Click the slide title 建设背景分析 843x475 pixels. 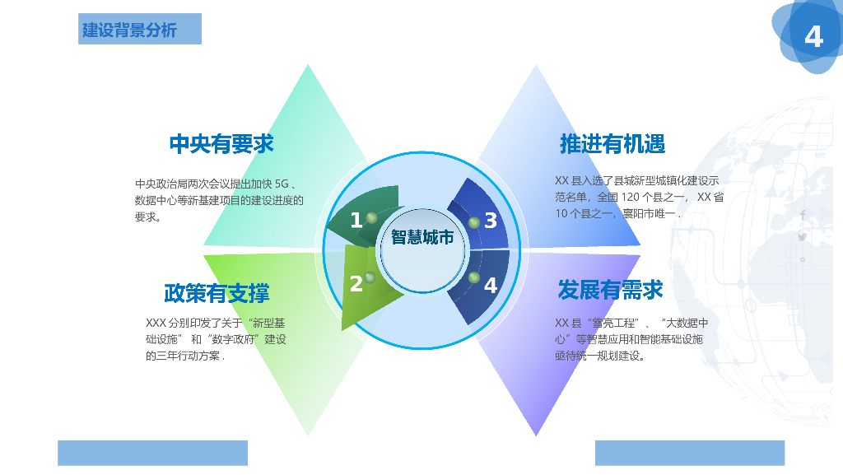click(129, 30)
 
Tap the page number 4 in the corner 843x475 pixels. click(813, 37)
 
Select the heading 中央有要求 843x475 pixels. click(221, 144)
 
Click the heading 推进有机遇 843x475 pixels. click(612, 144)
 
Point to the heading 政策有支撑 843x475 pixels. click(217, 292)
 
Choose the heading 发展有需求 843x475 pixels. click(610, 290)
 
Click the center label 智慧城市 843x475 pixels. click(422, 238)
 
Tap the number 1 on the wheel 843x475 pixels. click(356, 221)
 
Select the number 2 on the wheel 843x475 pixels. click(356, 284)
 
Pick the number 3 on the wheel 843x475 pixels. click(491, 221)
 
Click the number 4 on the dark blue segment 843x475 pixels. click(491, 285)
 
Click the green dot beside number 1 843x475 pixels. click(371, 218)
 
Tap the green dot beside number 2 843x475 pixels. click(370, 278)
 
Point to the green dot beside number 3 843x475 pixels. click(473, 222)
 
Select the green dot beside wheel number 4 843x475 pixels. click(473, 277)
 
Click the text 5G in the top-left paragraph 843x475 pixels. click(282, 184)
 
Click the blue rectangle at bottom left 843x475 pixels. click(152, 453)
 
